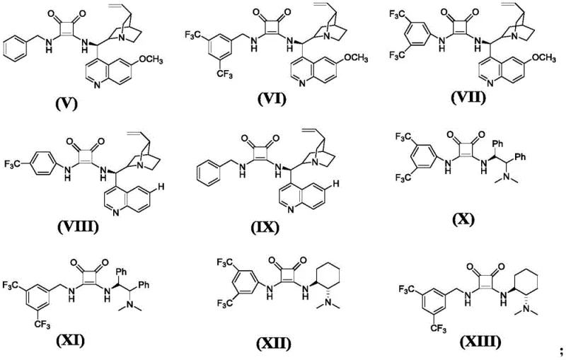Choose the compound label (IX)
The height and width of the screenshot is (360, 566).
coord(270,228)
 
